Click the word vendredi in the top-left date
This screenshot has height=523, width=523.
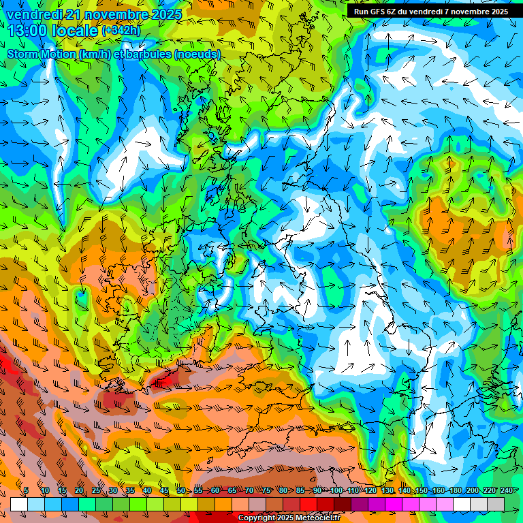point(36,14)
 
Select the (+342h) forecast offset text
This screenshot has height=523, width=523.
point(122,31)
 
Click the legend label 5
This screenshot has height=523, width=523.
point(26,490)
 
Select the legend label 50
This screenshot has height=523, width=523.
point(180,490)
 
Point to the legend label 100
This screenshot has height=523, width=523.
point(336,490)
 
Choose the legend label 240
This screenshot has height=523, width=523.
point(506,490)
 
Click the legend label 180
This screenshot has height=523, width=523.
point(455,490)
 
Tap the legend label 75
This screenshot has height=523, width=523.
point(267,490)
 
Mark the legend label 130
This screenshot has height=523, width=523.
point(387,490)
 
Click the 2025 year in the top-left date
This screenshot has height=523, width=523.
point(165,14)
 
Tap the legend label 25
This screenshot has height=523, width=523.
point(95,490)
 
